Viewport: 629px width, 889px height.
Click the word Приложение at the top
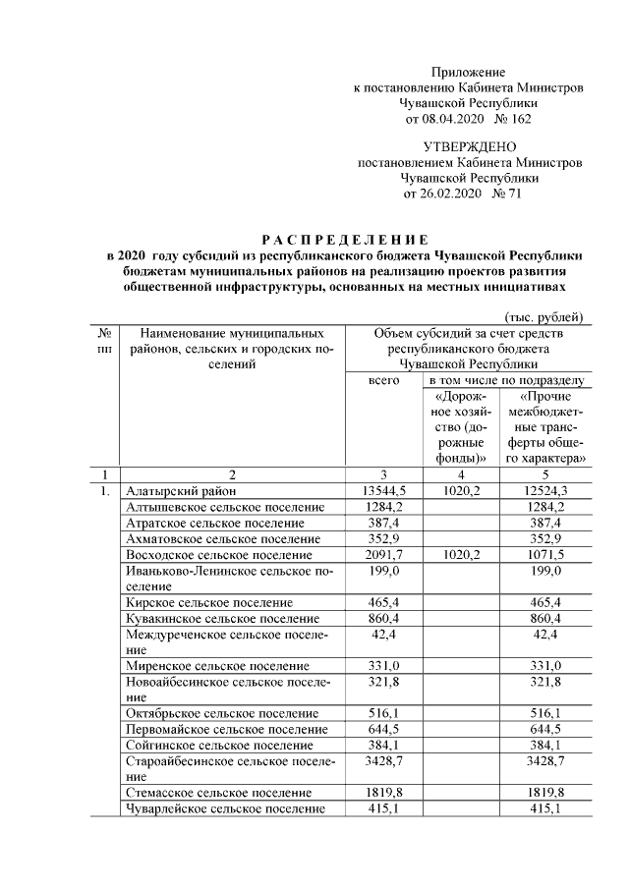(x=469, y=73)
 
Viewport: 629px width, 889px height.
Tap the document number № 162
(x=516, y=119)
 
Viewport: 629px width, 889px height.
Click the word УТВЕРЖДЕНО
(x=469, y=146)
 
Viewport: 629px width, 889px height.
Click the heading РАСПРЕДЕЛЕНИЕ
(x=344, y=240)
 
